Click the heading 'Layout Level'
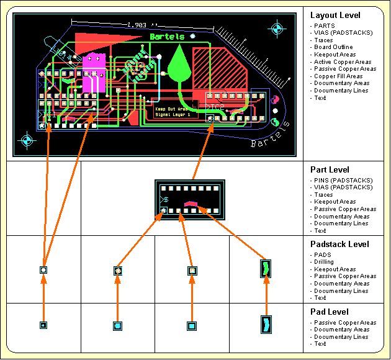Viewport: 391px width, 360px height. [x=335, y=15]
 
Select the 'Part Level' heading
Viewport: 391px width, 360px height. [x=330, y=169]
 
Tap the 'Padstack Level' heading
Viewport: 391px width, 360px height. [x=339, y=244]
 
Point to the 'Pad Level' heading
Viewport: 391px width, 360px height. [x=329, y=312]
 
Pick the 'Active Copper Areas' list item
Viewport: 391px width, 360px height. [x=343, y=62]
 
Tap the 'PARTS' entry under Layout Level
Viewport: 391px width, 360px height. [x=324, y=26]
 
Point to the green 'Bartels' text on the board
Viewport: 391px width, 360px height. [x=167, y=37]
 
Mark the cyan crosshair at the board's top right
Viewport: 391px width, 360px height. [x=276, y=28]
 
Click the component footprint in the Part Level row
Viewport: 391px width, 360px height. [x=189, y=199]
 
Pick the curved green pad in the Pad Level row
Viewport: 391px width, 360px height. [x=266, y=325]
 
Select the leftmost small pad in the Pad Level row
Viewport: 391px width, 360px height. [x=43, y=325]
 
